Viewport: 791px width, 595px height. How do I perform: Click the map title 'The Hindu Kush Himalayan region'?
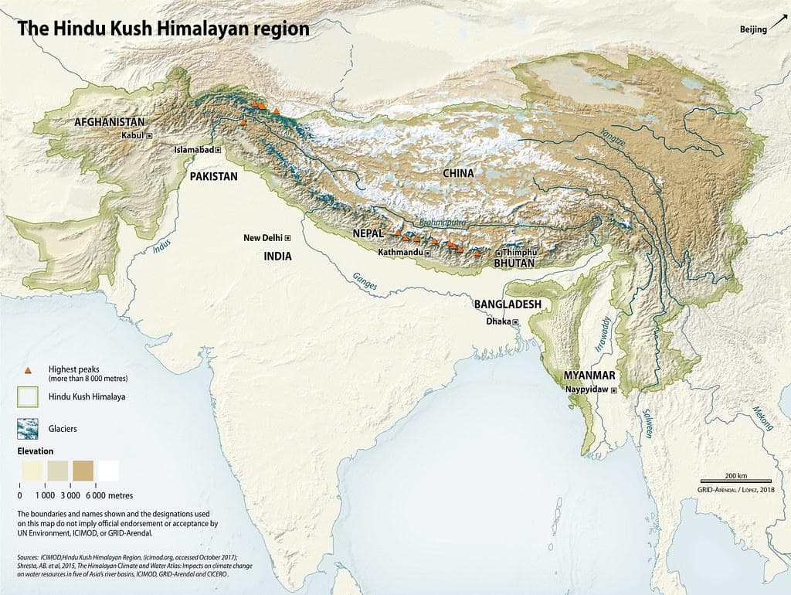coord(163,29)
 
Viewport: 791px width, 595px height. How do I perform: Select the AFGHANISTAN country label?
coord(109,122)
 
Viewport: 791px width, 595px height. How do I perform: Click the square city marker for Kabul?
coord(150,135)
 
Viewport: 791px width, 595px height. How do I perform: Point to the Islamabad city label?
coord(193,150)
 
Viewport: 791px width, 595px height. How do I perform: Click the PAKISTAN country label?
coord(213,176)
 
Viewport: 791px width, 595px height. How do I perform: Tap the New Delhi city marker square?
coord(288,238)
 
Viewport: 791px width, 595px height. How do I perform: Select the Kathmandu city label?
coord(399,253)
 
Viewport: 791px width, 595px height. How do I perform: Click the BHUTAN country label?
coord(515,263)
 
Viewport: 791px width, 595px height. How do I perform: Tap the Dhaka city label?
coord(497,321)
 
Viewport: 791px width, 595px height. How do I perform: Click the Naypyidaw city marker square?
coord(614,392)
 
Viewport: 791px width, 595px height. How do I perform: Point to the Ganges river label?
coord(365,282)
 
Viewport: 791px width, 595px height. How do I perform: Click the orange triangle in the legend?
coord(28,370)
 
